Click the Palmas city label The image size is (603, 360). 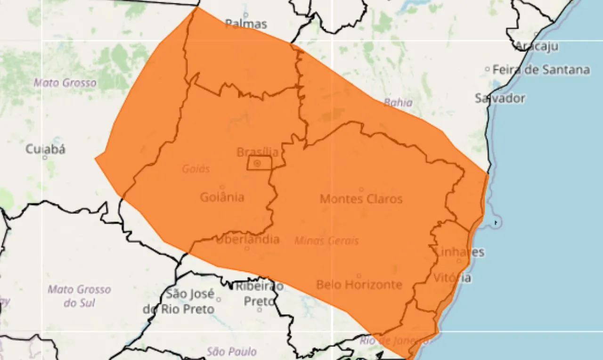click(246, 24)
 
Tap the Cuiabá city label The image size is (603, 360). click(45, 149)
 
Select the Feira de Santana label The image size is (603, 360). click(541, 70)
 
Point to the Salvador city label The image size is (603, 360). click(500, 98)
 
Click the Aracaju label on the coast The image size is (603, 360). click(537, 46)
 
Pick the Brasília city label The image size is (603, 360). click(257, 152)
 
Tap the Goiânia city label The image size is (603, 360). click(222, 196)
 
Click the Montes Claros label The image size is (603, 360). click(361, 198)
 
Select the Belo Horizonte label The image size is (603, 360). click(359, 284)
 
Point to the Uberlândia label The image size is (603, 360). click(248, 239)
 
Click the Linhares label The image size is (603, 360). click(459, 252)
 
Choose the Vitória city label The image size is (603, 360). click(452, 278)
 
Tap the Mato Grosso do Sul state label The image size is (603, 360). click(79, 295)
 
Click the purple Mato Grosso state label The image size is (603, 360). click(65, 83)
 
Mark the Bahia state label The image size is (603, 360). click(398, 102)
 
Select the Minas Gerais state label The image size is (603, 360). click(326, 241)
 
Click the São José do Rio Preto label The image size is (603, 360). click(179, 302)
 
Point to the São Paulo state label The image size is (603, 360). click(231, 351)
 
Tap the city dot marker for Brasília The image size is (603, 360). click(257, 164)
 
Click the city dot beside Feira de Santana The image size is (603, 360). click(487, 69)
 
